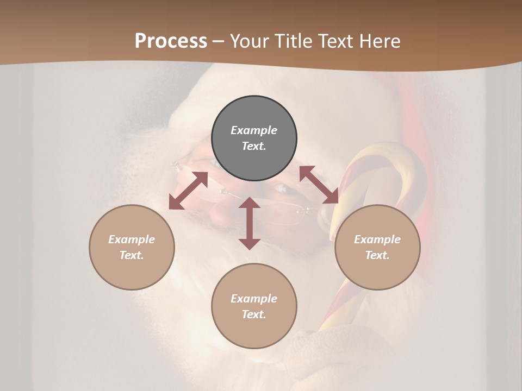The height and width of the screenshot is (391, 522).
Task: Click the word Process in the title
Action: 171,41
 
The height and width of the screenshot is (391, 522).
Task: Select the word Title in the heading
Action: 295,41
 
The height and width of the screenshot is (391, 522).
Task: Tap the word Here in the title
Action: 381,41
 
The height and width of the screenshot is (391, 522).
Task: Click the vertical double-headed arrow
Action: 250,223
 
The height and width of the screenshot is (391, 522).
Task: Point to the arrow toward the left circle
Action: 188,191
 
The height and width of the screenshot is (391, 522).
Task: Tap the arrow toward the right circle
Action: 319,185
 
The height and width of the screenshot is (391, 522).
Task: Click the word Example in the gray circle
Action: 254,130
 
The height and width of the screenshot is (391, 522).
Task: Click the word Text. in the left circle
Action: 132,255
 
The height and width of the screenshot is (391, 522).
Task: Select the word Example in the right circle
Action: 377,239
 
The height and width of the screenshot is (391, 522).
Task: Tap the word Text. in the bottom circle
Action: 254,314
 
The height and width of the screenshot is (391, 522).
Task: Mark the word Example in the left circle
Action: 132,239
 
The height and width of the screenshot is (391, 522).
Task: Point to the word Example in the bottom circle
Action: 254,299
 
